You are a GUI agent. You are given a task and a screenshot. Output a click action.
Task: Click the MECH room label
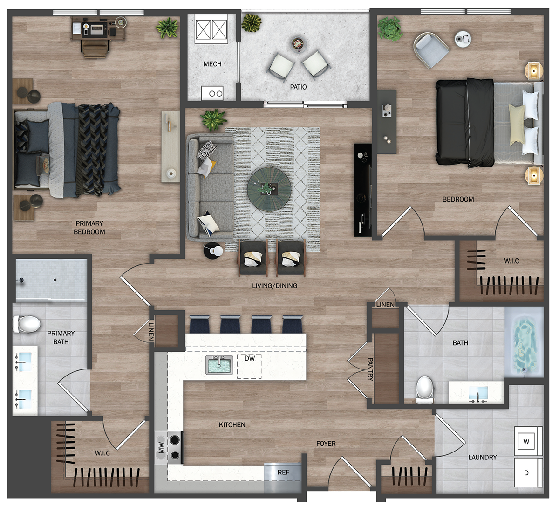tap(212, 64)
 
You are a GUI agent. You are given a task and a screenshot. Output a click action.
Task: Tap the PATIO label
tap(298, 87)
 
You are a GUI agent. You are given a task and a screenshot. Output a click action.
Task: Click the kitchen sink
tap(219, 365)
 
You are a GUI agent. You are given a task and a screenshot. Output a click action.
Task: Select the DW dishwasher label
tap(250, 358)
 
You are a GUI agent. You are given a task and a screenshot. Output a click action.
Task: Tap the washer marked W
tap(526, 442)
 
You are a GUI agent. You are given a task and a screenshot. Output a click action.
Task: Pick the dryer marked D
tap(526, 473)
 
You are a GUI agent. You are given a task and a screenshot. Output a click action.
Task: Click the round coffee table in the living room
tap(269, 189)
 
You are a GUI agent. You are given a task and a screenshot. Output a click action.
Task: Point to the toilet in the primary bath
tap(27, 324)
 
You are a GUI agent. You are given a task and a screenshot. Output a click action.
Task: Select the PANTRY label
tap(370, 369)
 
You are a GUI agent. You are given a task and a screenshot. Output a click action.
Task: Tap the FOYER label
tap(326, 444)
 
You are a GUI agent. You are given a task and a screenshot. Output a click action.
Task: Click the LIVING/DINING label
tap(274, 286)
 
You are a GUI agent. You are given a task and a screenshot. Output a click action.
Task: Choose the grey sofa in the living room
tap(211, 187)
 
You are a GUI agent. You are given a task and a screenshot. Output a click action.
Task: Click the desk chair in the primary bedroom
tap(95, 49)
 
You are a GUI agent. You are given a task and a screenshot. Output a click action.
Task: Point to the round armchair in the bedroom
tap(430, 49)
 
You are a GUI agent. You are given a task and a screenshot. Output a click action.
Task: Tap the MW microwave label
tap(161, 448)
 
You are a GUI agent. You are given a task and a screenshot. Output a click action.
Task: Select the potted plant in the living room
tap(213, 120)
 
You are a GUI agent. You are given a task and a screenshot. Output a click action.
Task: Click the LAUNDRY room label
tap(482, 458)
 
